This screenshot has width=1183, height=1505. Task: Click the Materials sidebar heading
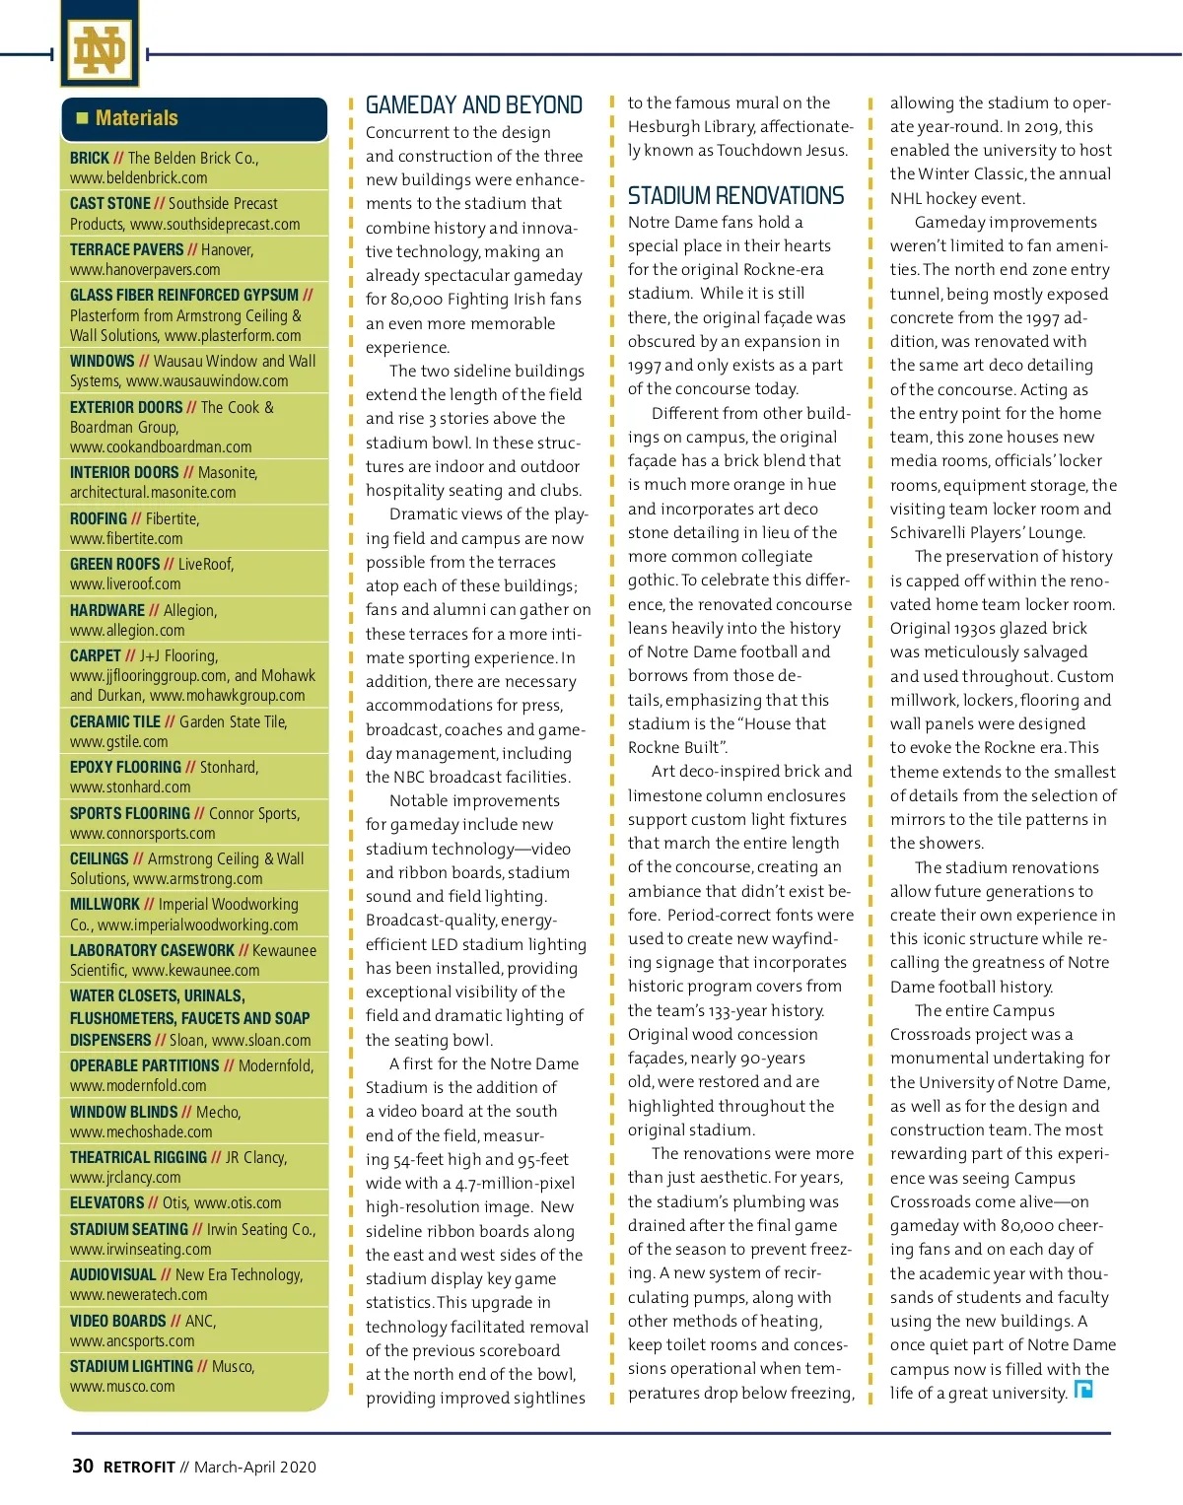click(x=137, y=118)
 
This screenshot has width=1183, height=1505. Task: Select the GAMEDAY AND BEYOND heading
click(x=473, y=105)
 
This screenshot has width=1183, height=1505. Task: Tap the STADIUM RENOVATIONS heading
click(x=735, y=196)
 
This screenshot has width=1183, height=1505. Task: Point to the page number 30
click(x=83, y=1466)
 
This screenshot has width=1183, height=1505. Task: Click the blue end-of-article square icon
click(x=1083, y=1390)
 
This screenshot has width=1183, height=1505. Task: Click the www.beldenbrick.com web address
click(x=138, y=178)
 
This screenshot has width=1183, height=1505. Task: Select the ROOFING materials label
click(x=99, y=518)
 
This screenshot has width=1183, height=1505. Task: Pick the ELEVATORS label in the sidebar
click(x=106, y=1202)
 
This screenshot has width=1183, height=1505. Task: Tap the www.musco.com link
click(x=122, y=1387)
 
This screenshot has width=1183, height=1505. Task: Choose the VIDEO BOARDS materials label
click(x=117, y=1321)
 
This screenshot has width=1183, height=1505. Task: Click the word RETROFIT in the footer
click(x=139, y=1467)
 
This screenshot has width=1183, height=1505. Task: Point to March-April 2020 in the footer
click(x=254, y=1467)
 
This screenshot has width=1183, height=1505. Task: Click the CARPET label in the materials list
click(x=96, y=655)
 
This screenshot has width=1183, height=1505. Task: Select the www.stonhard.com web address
click(x=130, y=787)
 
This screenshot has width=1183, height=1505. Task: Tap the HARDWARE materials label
click(x=107, y=610)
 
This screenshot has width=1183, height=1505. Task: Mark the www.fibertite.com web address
click(x=126, y=539)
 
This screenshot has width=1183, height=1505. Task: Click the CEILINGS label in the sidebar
click(x=100, y=858)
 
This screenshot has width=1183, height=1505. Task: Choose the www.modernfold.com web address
click(x=138, y=1086)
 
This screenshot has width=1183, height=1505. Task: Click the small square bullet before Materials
click(x=82, y=118)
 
